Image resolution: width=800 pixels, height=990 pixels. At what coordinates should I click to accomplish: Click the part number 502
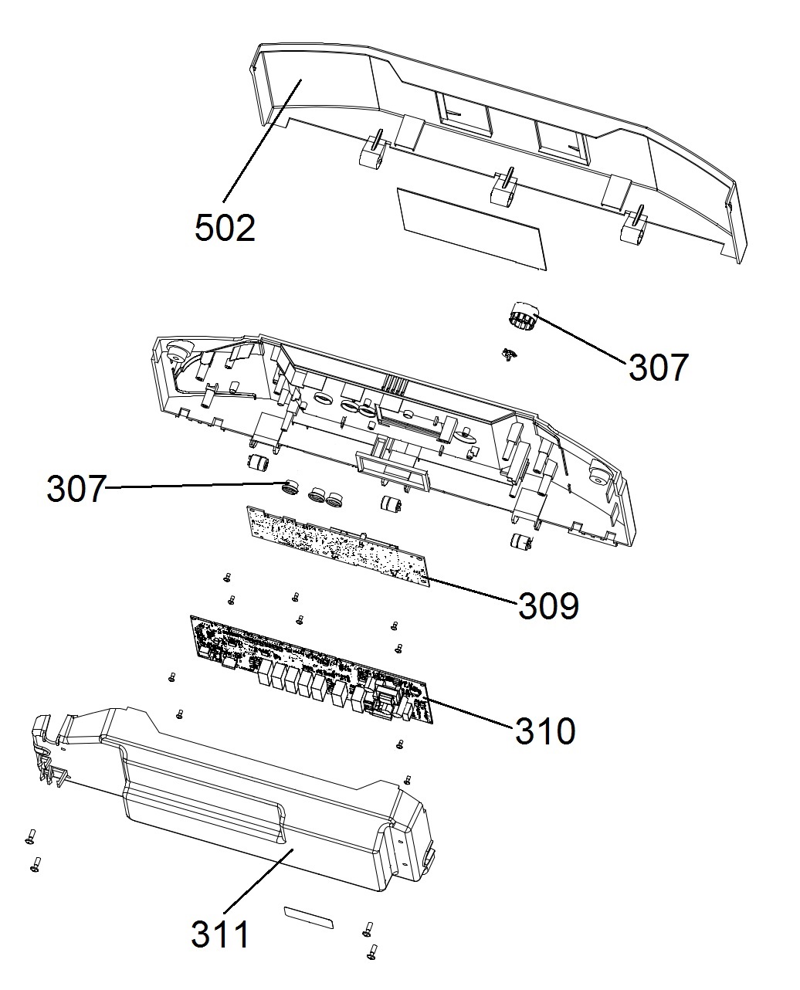pos(225,229)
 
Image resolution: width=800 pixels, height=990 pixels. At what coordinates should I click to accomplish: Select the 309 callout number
pos(547,607)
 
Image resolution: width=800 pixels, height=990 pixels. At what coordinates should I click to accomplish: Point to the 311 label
pos(221,935)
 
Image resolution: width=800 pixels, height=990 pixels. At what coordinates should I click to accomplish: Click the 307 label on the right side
pos(657,368)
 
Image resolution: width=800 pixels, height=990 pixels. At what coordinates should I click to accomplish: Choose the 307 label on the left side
pos(75,490)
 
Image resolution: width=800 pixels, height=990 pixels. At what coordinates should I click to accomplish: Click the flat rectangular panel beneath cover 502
pos(472,229)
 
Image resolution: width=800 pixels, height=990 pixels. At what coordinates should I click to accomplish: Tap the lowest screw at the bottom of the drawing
pos(374,951)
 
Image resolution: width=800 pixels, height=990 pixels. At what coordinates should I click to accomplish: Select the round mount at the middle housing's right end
pos(598,470)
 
